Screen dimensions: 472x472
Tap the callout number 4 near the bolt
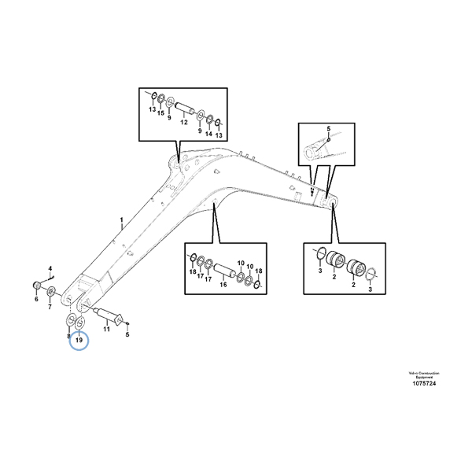click(x=50, y=269)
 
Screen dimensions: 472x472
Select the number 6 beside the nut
click(x=36, y=299)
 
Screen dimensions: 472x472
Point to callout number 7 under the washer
click(x=52, y=306)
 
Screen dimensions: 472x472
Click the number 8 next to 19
click(x=68, y=336)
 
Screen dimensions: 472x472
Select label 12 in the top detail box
click(x=183, y=122)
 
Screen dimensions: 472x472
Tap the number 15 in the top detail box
click(x=160, y=112)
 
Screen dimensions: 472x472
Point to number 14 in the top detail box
click(x=208, y=134)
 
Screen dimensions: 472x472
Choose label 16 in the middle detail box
click(x=223, y=284)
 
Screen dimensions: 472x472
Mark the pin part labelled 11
click(x=106, y=316)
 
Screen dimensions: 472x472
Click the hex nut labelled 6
click(x=37, y=284)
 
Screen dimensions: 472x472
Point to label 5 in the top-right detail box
click(x=329, y=127)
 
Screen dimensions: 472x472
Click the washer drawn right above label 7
click(x=52, y=293)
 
